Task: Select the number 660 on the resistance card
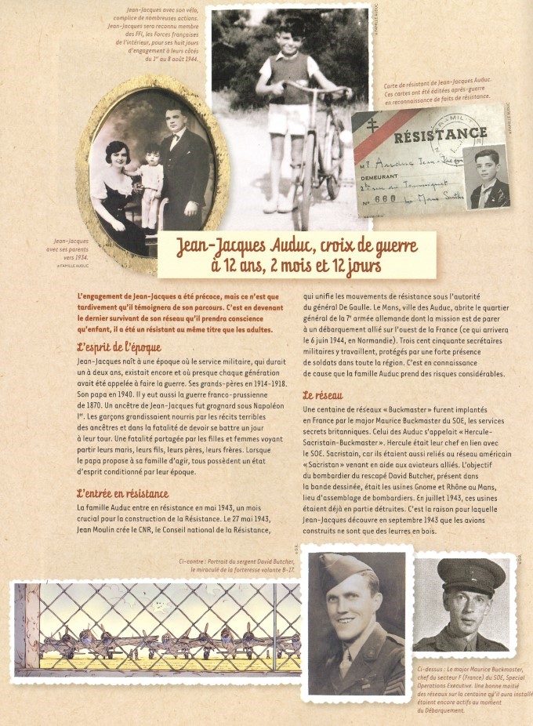click(x=393, y=200)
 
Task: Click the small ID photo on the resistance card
click(x=486, y=177)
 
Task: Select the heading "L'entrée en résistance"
click(x=122, y=493)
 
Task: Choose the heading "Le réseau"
click(x=322, y=395)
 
